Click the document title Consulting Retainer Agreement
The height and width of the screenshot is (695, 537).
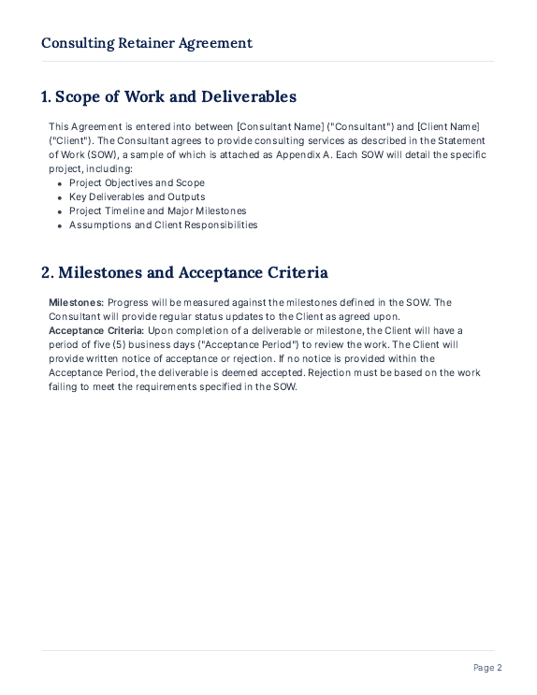point(147,43)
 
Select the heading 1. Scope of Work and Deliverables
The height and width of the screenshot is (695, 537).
point(168,96)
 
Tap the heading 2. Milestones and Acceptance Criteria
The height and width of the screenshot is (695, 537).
point(184,272)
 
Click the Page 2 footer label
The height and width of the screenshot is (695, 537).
point(487,667)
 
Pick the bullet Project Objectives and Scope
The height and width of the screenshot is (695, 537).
point(137,182)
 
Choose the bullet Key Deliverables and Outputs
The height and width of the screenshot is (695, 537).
point(137,196)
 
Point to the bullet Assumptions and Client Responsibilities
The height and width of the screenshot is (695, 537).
point(163,224)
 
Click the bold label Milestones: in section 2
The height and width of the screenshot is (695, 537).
point(77,302)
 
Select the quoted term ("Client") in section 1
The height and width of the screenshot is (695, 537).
point(67,140)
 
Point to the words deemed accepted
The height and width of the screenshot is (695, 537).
point(269,372)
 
